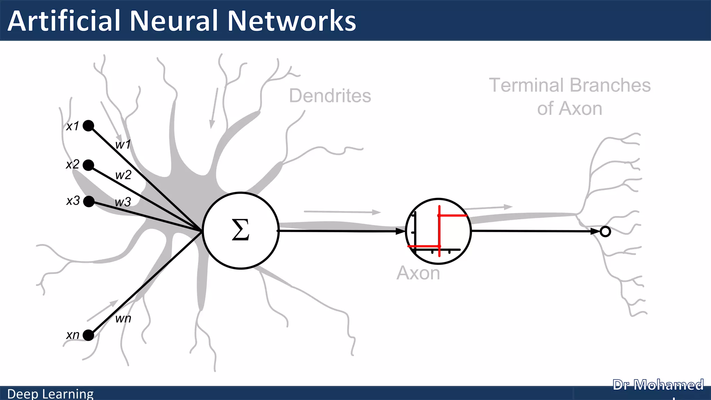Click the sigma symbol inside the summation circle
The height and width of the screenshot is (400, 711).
[x=240, y=230]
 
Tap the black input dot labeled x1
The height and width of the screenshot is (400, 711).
[x=89, y=125]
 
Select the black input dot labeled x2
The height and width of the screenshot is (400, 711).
[x=89, y=165]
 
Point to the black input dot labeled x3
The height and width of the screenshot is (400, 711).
[x=89, y=201]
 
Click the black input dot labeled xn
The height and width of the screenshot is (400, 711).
[x=89, y=335]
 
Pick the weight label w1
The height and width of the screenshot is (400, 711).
[x=123, y=144]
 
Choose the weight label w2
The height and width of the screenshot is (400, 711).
[x=123, y=175]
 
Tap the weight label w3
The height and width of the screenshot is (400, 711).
[x=123, y=202]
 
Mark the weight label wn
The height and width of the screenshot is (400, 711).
[x=123, y=318]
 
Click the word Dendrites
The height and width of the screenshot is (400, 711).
[x=330, y=96]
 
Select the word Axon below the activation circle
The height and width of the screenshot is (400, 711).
[x=418, y=273]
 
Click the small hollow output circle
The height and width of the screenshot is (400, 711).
[x=605, y=232]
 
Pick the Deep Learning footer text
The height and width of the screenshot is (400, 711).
[x=50, y=394]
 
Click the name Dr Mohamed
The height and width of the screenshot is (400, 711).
[x=658, y=385]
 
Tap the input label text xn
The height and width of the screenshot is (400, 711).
[x=73, y=335]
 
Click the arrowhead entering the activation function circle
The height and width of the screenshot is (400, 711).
[x=401, y=231]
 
